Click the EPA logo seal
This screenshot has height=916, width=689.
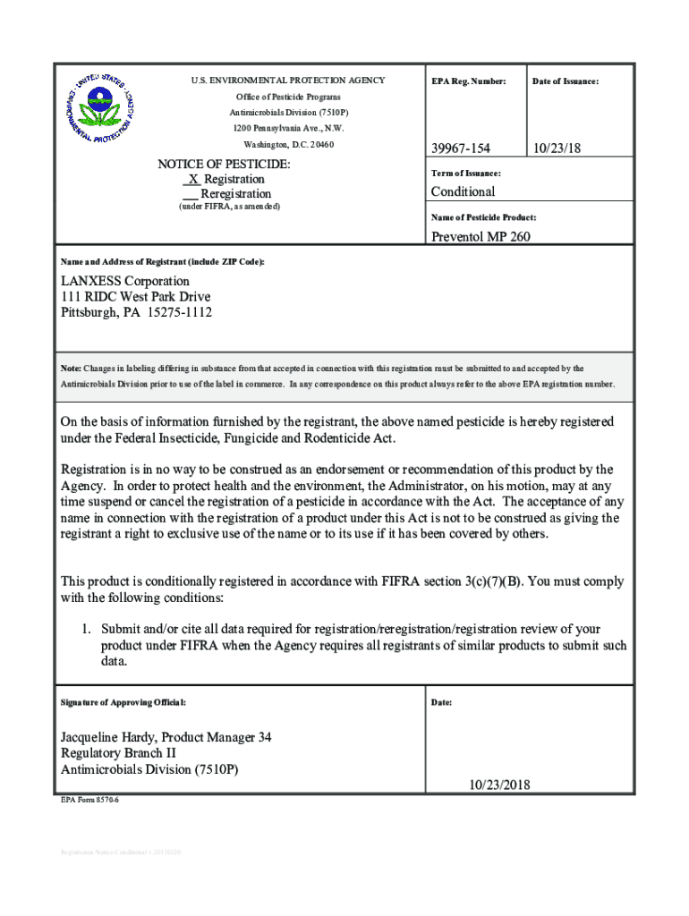(x=99, y=107)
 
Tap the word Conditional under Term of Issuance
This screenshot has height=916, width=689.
(x=463, y=191)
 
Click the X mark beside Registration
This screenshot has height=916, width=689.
(x=192, y=179)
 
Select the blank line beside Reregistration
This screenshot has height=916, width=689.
(x=190, y=194)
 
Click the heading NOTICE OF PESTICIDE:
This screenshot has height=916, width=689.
(x=224, y=165)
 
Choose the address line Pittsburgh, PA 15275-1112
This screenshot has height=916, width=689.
(x=136, y=313)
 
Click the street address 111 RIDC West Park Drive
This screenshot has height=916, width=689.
(x=136, y=297)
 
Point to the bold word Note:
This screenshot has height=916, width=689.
(x=71, y=369)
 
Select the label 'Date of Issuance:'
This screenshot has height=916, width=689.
(x=566, y=82)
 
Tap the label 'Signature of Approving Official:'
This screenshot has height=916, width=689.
(x=123, y=702)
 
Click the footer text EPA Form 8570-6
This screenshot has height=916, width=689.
(x=89, y=800)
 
